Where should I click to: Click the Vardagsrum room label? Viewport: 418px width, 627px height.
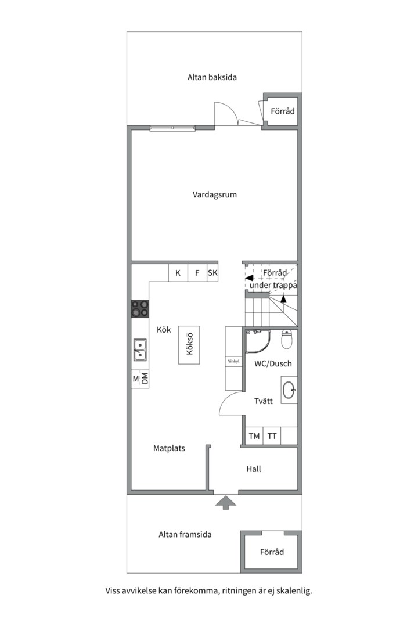point(214,195)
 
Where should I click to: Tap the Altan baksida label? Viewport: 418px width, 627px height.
point(212,77)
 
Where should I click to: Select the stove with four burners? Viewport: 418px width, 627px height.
point(140,309)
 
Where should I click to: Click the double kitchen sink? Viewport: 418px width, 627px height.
point(140,350)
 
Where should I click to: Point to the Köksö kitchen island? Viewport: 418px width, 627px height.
point(189,345)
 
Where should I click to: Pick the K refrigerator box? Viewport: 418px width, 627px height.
point(178,273)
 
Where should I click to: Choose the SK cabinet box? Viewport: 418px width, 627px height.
point(213,273)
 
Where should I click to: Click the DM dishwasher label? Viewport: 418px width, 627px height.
point(145,379)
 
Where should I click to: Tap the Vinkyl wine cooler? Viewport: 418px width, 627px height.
point(233,362)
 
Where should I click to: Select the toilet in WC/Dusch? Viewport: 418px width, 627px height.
point(287,339)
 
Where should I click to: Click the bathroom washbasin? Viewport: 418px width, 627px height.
point(289,390)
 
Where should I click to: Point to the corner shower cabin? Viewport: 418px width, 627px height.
point(257,341)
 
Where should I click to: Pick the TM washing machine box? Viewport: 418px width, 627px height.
point(254,436)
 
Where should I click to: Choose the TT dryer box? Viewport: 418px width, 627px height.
point(272,436)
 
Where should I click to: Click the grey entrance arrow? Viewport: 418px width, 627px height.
point(226,502)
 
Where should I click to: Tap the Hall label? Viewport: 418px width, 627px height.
point(254,469)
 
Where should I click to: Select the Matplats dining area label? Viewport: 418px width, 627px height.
point(169,448)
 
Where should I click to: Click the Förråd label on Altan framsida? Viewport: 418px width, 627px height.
point(272,552)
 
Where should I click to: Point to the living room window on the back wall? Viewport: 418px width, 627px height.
point(173,128)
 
